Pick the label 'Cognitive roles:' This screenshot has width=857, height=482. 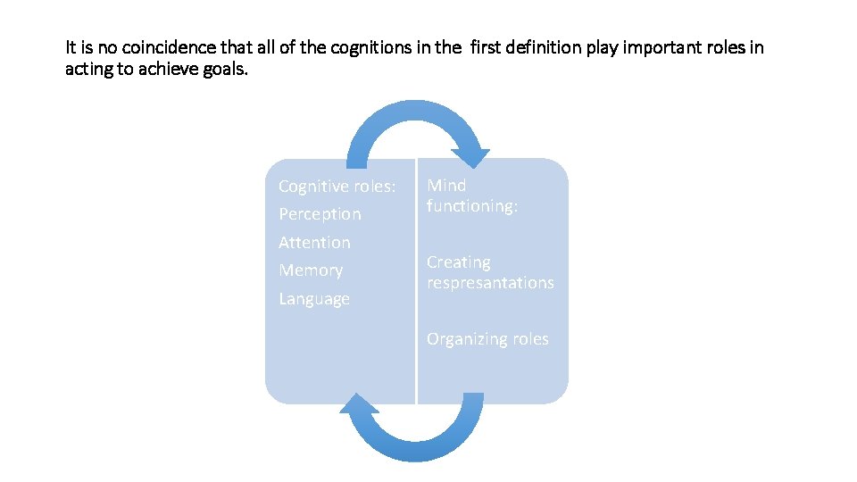point(337,186)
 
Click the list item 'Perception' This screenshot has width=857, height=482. point(320,214)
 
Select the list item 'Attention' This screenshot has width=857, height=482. point(314,242)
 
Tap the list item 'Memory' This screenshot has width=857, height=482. point(311,270)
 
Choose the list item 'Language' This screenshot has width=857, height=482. point(314,299)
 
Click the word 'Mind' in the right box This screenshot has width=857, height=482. point(446,185)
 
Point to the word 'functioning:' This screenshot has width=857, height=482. point(472,205)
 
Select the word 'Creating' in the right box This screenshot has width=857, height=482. point(458,262)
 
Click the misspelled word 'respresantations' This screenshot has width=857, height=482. point(490,282)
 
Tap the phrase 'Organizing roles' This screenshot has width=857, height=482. point(487,339)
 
